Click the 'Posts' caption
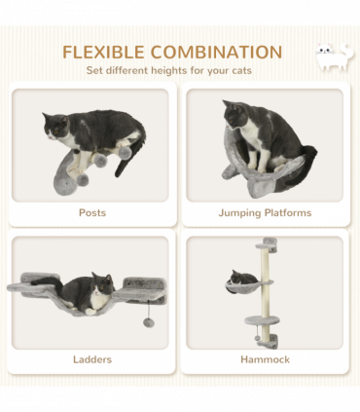[x=92, y=212]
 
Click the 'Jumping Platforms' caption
[x=265, y=212]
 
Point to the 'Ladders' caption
[x=92, y=359]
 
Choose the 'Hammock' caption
[x=265, y=359]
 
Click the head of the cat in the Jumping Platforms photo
[x=236, y=113]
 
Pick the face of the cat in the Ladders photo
[x=101, y=285]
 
